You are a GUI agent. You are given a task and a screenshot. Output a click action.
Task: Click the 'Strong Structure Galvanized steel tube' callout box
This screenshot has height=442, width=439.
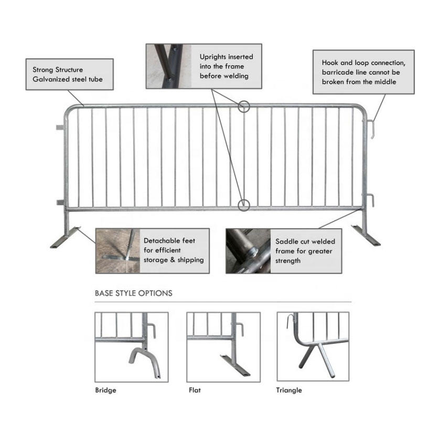[x=69, y=74]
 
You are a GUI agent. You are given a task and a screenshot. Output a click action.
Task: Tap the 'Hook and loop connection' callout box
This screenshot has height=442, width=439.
[x=363, y=72]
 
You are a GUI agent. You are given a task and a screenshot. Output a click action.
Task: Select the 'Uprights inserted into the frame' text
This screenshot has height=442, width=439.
[x=226, y=66]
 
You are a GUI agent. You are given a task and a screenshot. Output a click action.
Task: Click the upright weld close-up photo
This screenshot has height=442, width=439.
[x=168, y=66]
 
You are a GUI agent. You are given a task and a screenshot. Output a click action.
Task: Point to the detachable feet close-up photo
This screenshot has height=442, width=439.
[x=117, y=251]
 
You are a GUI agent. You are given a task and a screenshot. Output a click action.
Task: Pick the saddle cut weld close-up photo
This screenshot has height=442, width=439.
[x=248, y=251]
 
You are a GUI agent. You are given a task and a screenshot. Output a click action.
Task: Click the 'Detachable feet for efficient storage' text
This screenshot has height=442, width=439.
[x=174, y=250]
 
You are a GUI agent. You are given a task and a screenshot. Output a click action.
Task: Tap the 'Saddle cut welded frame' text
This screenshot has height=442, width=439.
[x=305, y=251]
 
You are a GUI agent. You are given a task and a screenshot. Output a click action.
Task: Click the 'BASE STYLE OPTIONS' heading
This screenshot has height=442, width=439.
[x=133, y=293]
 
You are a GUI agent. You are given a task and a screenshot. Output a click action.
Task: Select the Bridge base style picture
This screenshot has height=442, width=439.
[x=131, y=347]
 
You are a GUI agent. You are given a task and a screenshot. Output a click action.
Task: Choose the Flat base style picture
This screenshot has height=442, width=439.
[x=223, y=347]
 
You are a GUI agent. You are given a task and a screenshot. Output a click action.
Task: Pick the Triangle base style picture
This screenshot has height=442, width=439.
[x=313, y=347]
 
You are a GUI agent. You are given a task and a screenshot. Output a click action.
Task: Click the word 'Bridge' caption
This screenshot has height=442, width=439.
[x=105, y=390]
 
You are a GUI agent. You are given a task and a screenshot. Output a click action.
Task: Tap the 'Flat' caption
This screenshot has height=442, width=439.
[x=195, y=390]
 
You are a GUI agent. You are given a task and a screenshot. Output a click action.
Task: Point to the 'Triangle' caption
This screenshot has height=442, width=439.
[x=289, y=390]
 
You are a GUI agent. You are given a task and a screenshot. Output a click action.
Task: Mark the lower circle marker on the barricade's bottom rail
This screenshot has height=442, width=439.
[x=243, y=204]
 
